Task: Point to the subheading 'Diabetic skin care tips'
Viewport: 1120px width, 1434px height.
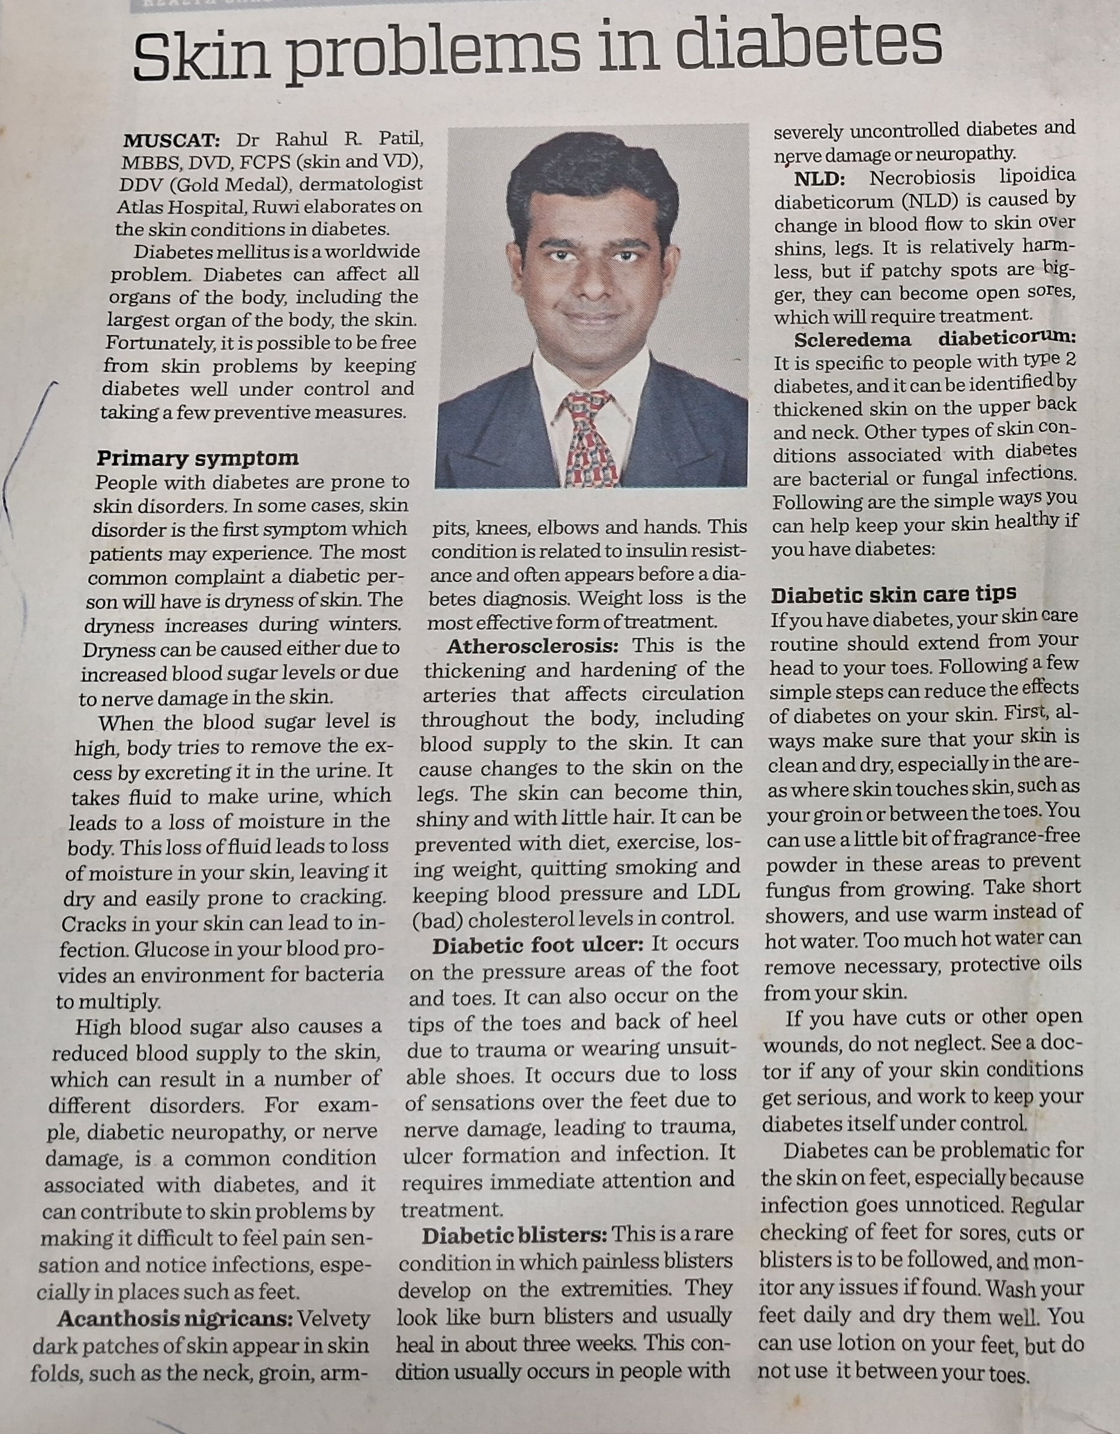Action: coord(894,594)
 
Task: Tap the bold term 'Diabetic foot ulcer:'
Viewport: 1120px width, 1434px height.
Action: coord(537,946)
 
